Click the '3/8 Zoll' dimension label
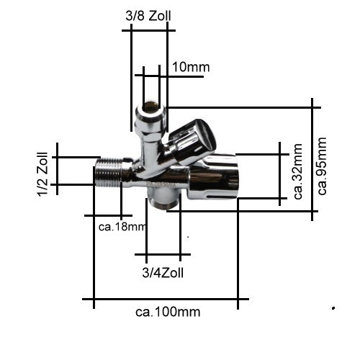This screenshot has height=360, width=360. click(x=149, y=14)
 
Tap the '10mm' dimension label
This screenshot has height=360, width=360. click(x=191, y=68)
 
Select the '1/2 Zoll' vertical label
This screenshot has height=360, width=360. click(x=44, y=173)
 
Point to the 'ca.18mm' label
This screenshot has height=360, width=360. click(x=122, y=228)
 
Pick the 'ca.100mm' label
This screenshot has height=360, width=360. click(x=168, y=312)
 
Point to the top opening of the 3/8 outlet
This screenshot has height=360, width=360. click(x=150, y=109)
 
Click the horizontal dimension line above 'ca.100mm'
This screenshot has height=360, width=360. click(x=166, y=299)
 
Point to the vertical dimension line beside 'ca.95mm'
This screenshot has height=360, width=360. click(x=313, y=158)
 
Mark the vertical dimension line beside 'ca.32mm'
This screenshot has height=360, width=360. click(x=281, y=173)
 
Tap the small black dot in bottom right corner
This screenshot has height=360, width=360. click(x=333, y=308)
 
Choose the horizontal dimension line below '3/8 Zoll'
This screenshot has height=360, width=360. click(x=150, y=31)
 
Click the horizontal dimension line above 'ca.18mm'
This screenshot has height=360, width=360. click(x=108, y=215)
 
